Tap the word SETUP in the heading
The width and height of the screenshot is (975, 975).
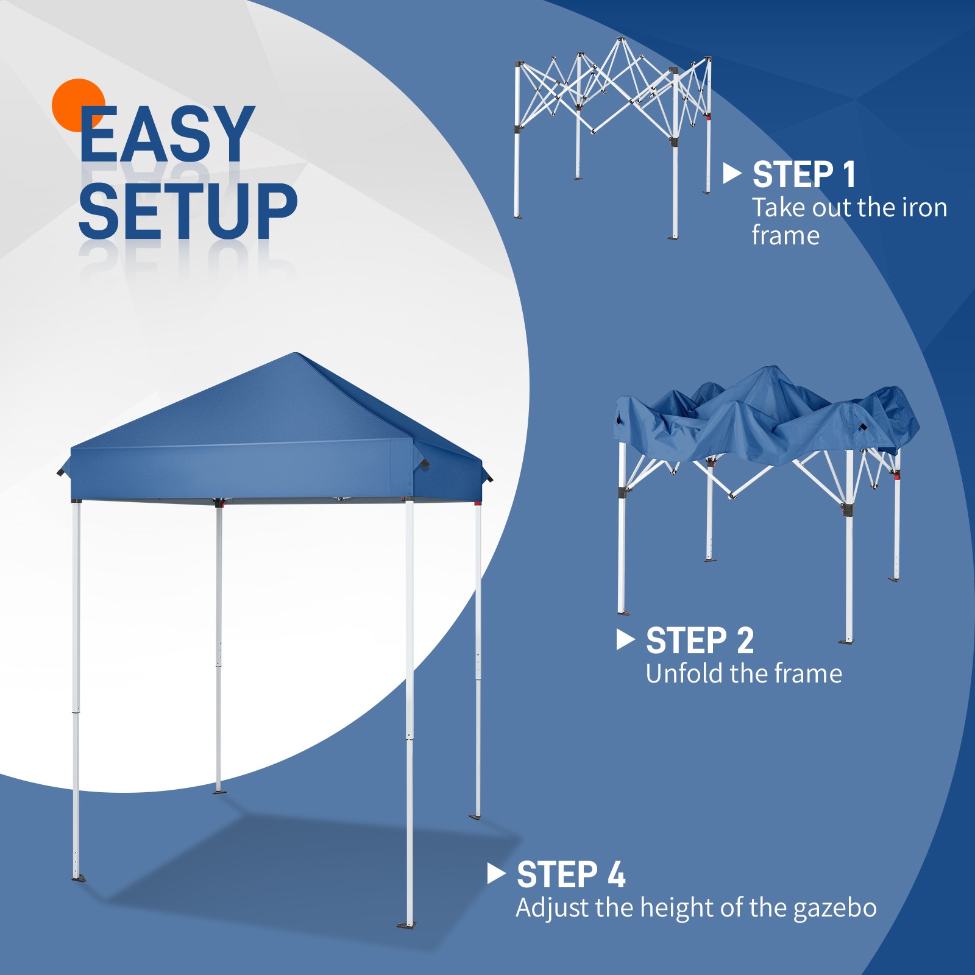[x=188, y=210]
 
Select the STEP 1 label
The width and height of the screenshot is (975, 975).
[x=804, y=175]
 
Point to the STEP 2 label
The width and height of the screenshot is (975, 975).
[x=700, y=640]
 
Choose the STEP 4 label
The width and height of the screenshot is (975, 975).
[x=571, y=875]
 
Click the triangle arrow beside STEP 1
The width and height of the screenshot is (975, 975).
[x=731, y=174]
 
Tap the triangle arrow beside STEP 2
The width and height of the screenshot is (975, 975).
[x=625, y=639]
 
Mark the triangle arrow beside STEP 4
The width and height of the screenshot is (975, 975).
[x=496, y=874]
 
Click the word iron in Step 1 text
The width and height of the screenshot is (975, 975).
[x=924, y=208]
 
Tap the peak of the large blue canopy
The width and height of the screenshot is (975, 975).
[x=296, y=355]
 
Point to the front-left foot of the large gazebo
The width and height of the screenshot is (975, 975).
[x=78, y=877]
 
